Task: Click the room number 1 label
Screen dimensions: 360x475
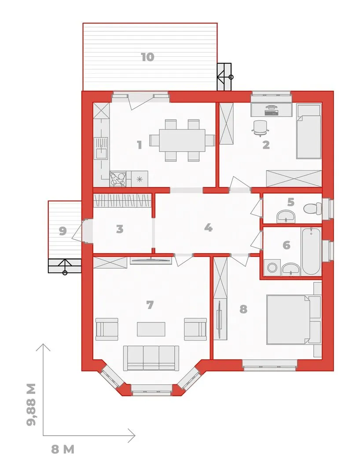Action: pyautogui.click(x=140, y=145)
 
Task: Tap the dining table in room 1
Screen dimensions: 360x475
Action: pyautogui.click(x=183, y=140)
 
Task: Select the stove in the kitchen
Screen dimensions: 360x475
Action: pyautogui.click(x=118, y=179)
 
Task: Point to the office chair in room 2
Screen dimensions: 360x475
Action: pyautogui.click(x=260, y=127)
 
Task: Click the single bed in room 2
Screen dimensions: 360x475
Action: pyautogui.click(x=309, y=132)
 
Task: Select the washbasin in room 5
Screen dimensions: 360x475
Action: pyautogui.click(x=286, y=216)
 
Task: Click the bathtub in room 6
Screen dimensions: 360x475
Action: pyautogui.click(x=311, y=252)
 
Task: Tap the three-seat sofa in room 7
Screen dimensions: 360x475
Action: pyautogui.click(x=151, y=358)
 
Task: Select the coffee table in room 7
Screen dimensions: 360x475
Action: pyautogui.click(x=151, y=329)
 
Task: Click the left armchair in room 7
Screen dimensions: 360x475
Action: pyautogui.click(x=107, y=329)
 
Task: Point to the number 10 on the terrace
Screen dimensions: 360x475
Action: pyautogui.click(x=147, y=57)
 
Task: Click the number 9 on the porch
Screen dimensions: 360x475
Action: pyautogui.click(x=63, y=231)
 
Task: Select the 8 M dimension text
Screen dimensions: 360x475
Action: pyautogui.click(x=63, y=449)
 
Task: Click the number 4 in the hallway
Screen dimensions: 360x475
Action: pyautogui.click(x=208, y=227)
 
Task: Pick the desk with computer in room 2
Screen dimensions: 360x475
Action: pyautogui.click(x=271, y=110)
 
